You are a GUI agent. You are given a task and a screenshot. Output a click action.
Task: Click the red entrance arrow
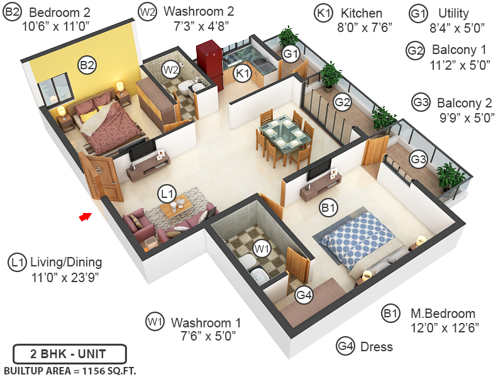click(x=84, y=217)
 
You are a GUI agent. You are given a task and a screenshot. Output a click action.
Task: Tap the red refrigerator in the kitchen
click(x=209, y=63)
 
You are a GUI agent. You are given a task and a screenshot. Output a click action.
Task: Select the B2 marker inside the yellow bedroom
click(x=87, y=64)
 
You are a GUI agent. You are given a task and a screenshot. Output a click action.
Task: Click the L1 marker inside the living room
click(x=167, y=194)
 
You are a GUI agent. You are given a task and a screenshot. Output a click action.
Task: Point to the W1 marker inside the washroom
click(x=262, y=249)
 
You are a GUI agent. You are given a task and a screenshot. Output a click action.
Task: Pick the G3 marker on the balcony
click(x=418, y=160)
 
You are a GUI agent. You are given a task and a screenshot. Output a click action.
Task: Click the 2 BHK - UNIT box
click(x=69, y=353)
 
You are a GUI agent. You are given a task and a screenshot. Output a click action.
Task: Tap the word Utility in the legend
click(x=454, y=13)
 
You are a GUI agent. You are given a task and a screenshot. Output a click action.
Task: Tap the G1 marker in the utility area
click(x=290, y=55)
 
